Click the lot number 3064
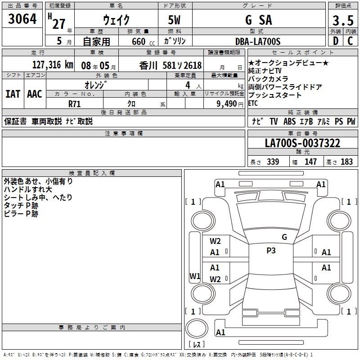tap(22, 20)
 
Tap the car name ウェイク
tap(116, 20)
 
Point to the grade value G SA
tap(258, 20)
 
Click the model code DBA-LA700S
tap(258, 41)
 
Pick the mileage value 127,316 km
tap(53, 65)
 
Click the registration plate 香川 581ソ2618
tap(171, 65)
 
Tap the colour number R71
tap(75, 103)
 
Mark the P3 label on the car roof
tap(271, 251)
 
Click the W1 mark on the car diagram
tap(195, 276)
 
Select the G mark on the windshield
tap(284, 237)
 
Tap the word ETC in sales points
tap(254, 103)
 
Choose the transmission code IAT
tap(13, 94)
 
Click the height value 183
tap(347, 162)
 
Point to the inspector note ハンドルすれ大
tap(27, 189)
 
